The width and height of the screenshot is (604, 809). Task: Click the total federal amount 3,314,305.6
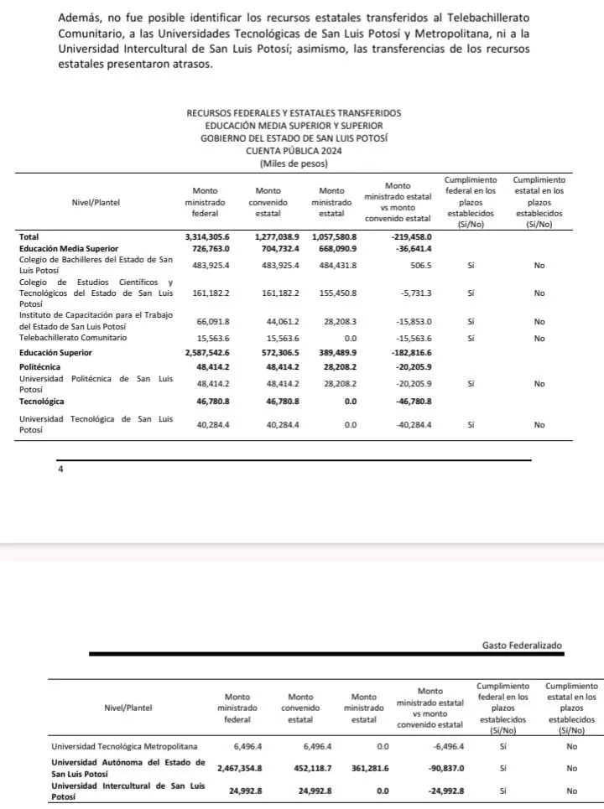[x=206, y=237]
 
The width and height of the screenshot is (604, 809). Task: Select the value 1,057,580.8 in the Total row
[x=335, y=237]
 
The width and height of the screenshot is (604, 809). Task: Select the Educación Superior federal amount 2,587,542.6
[x=206, y=354]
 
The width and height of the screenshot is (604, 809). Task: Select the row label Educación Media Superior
[x=69, y=249]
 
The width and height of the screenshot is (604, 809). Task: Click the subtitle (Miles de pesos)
[x=293, y=163]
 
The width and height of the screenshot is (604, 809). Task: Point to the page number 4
[x=60, y=469]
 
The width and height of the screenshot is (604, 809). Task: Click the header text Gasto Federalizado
[x=522, y=646]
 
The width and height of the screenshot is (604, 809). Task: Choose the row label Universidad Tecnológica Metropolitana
[x=124, y=745]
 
